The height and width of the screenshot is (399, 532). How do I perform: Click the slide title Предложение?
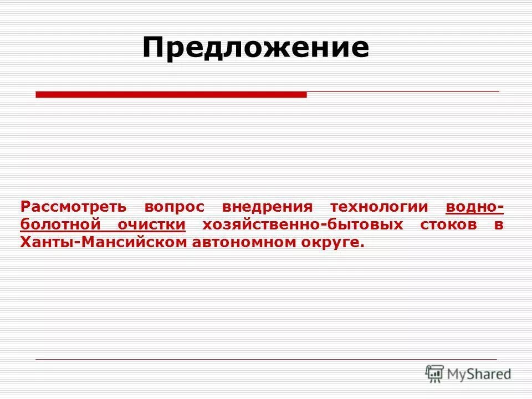pos(255,48)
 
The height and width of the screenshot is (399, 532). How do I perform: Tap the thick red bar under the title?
pos(171,95)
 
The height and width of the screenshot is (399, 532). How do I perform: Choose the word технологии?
pos(380,207)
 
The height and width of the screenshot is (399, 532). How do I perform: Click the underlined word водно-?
pos(474,207)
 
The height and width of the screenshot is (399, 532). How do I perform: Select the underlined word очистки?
pos(151,225)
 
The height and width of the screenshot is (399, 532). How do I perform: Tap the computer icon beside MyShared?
pos(435,374)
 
